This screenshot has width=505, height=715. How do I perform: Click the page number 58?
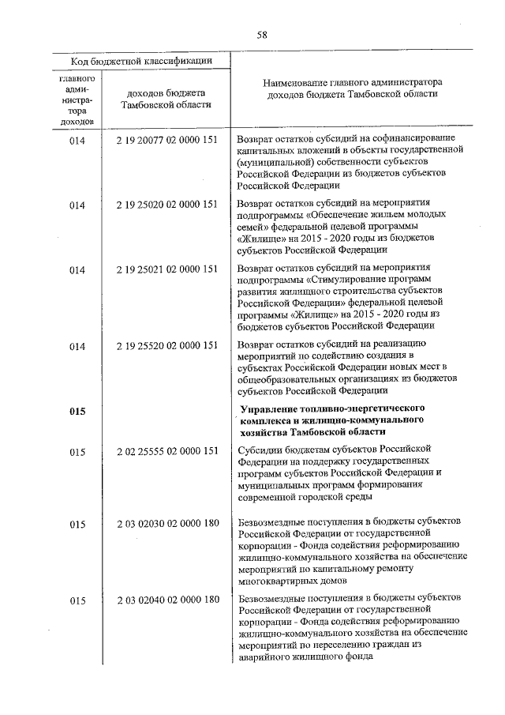tap(262, 34)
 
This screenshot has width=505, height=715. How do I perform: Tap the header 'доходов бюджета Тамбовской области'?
tap(166, 100)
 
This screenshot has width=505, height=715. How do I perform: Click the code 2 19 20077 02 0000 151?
tap(166, 140)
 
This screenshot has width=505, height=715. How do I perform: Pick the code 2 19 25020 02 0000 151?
tap(166, 205)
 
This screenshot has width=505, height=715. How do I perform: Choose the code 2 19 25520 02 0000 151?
tap(166, 345)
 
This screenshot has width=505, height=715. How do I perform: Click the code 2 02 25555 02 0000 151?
tap(166, 452)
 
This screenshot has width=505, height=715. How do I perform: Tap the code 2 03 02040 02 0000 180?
tap(166, 600)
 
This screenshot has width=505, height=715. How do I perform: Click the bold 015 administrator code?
tap(77, 412)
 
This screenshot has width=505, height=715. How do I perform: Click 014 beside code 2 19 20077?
tap(77, 140)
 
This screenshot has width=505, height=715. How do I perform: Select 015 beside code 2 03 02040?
tap(77, 600)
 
